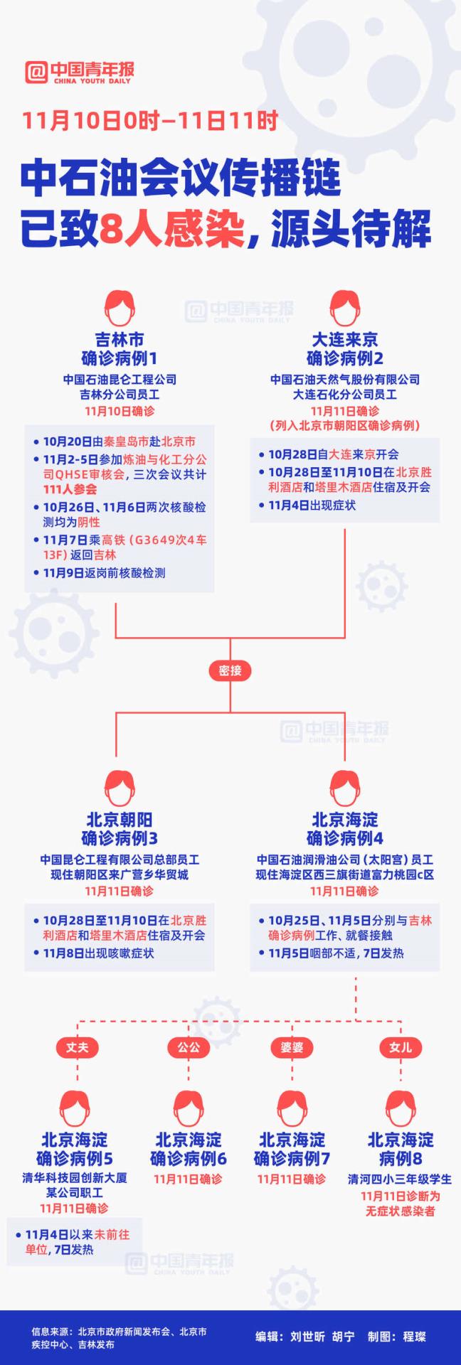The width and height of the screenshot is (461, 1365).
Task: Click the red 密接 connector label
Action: (230, 670)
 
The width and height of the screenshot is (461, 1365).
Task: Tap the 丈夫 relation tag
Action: (77, 1046)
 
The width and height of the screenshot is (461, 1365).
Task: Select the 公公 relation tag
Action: (189, 1046)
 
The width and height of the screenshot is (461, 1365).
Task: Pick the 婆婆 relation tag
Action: (292, 1046)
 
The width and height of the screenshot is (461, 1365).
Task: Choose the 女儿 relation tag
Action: (400, 1046)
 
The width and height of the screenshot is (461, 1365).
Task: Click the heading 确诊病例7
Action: (292, 1158)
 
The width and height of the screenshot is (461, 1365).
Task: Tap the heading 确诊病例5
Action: (75, 1158)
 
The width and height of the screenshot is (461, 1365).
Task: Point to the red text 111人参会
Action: (70, 489)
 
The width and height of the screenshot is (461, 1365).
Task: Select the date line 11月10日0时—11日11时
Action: (149, 121)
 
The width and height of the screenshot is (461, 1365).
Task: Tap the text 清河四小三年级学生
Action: (400, 1179)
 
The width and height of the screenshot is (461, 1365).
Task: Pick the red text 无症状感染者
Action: (400, 1211)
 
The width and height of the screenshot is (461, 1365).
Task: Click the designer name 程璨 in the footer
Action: (414, 1336)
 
